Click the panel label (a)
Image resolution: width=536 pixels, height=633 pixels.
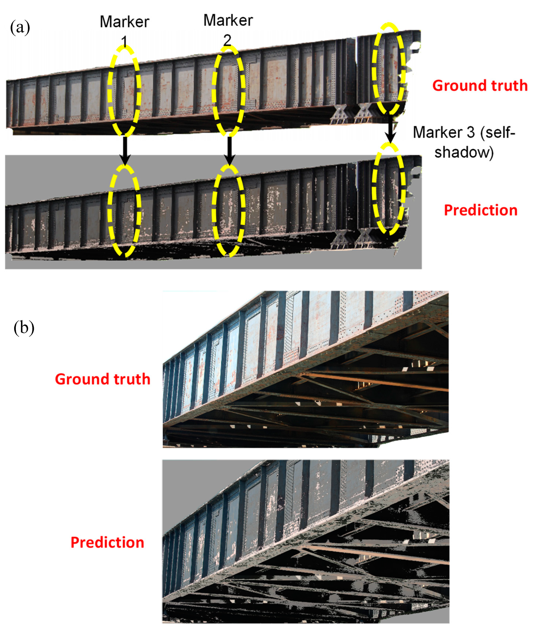20,28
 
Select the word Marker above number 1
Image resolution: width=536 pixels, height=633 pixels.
125,22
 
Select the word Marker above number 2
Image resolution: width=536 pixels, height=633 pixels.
228,20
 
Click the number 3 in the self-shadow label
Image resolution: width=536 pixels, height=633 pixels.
470,133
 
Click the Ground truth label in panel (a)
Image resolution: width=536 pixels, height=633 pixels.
480,85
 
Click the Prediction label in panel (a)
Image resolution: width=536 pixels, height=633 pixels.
481,210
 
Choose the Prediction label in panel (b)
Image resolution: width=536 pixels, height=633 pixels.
107,542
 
